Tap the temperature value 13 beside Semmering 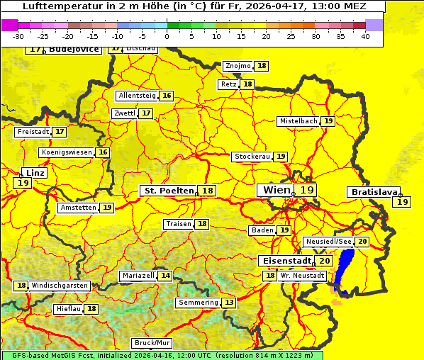[228, 303]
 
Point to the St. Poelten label [168, 191]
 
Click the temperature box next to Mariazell [165, 275]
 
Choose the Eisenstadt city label [284, 261]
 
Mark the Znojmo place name [238, 66]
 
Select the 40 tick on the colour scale [365, 36]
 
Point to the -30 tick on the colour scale [18, 36]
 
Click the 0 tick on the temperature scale [167, 36]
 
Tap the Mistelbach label [298, 121]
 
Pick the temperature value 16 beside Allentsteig [167, 96]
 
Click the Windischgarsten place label [60, 285]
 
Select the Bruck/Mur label [147, 343]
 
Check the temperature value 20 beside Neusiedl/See [362, 242]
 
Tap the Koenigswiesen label [66, 152]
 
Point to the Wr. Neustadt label [303, 275]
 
